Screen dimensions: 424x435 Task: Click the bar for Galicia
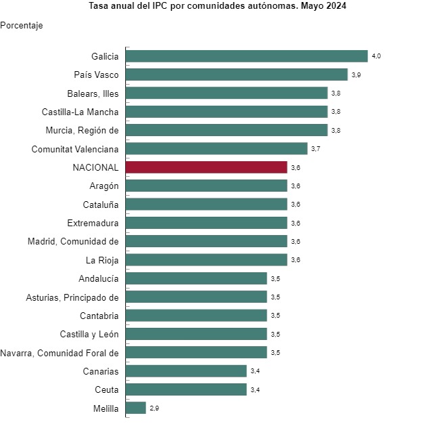(246, 56)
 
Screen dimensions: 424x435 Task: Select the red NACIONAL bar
(206, 167)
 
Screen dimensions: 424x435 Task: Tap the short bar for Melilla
(135, 408)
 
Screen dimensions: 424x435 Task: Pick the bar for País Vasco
(236, 75)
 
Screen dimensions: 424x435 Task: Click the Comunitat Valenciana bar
(216, 148)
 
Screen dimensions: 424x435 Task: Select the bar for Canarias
(186, 370)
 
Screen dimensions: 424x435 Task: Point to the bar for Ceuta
(186, 389)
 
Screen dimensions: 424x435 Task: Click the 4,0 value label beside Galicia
(377, 56)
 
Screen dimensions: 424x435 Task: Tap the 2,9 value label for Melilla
(154, 408)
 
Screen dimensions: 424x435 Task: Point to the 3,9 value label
(357, 75)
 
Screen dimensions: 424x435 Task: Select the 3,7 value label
(316, 149)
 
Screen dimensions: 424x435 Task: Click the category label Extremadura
(93, 223)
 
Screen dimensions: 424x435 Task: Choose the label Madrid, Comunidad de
(73, 241)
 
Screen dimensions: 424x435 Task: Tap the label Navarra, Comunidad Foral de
(60, 352)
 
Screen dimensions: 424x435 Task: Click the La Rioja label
(102, 259)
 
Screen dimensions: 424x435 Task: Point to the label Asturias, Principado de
(72, 297)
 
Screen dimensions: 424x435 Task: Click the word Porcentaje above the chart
(22, 26)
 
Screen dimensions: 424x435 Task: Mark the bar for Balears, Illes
(227, 93)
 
